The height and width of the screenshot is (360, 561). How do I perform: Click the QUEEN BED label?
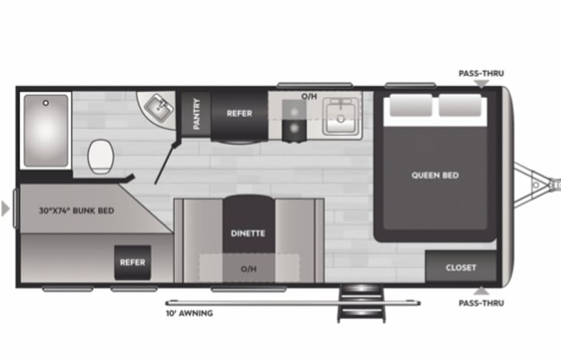(x=435, y=175)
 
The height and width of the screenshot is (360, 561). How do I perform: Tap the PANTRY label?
(x=196, y=113)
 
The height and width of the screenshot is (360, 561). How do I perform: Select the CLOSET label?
(x=460, y=268)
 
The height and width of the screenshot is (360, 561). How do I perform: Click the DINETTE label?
(x=248, y=233)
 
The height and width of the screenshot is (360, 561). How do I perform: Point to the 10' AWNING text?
(x=189, y=313)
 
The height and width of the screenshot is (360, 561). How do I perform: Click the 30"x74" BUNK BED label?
(x=77, y=210)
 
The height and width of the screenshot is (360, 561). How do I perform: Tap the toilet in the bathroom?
(x=101, y=156)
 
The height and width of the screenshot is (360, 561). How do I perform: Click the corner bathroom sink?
(x=159, y=110)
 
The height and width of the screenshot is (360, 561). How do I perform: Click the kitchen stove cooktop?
(x=294, y=121)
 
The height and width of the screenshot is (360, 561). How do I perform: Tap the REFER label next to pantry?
(x=239, y=114)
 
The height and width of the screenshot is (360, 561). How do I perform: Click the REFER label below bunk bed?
(x=132, y=263)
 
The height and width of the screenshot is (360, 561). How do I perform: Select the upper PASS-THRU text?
(x=481, y=74)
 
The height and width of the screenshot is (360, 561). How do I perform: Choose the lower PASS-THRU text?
(x=481, y=302)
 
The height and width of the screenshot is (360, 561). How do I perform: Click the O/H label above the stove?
(x=309, y=96)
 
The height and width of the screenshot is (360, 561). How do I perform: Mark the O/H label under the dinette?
(x=248, y=268)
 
